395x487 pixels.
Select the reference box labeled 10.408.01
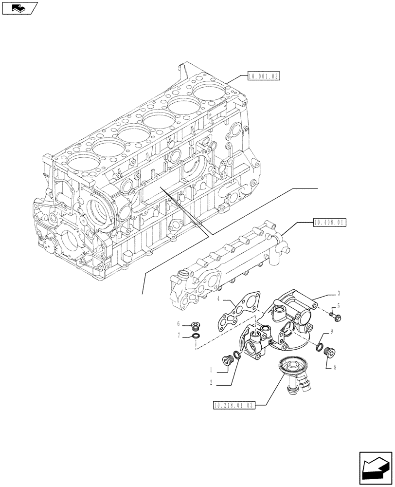[330, 223]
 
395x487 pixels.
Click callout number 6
[179, 323]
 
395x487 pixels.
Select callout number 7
[179, 336]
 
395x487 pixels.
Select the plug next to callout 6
[196, 325]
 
